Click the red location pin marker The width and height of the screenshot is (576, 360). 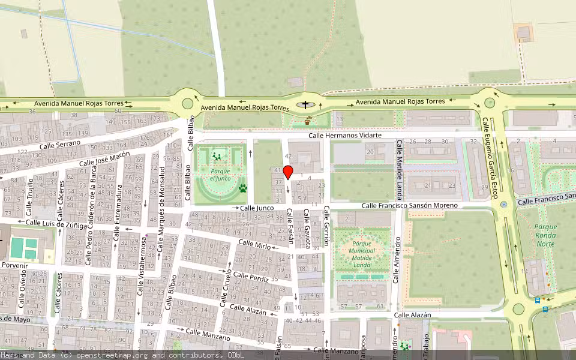coord(288,172)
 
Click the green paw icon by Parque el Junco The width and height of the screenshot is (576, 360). coord(243,188)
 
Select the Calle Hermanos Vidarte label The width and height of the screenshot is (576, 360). coord(345,136)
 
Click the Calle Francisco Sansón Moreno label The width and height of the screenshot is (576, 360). coord(409,206)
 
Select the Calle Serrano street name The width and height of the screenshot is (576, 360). coord(60,145)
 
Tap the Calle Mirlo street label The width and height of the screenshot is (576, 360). coord(254,244)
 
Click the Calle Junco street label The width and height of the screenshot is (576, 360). coord(257,208)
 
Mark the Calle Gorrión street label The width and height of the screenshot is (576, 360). coord(326,226)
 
